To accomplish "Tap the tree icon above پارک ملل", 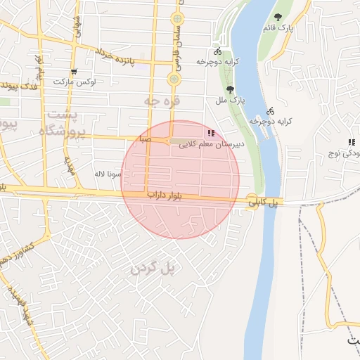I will click(x=230, y=89).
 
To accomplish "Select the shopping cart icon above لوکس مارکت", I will click(x=73, y=71).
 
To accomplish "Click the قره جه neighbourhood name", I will click(x=162, y=101).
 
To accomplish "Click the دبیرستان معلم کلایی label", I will click(x=211, y=144).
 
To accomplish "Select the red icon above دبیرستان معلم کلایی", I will click(x=211, y=132).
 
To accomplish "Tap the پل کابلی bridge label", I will click(x=266, y=202).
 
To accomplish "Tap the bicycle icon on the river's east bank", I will click(x=271, y=110).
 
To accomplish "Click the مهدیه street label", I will click(x=68, y=166).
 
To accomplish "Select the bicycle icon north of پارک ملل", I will click(x=217, y=51).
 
